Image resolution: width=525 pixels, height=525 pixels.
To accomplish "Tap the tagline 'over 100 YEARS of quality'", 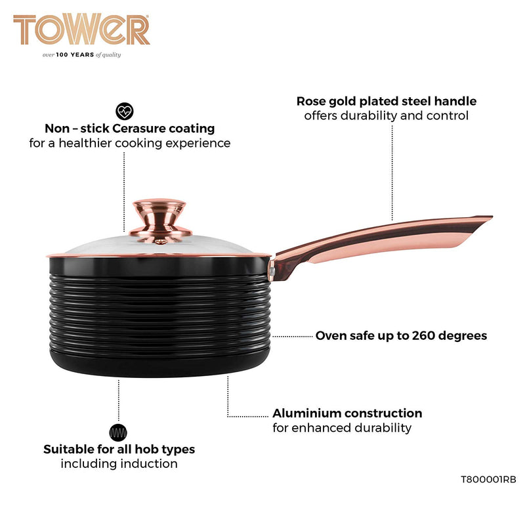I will [x=82, y=55].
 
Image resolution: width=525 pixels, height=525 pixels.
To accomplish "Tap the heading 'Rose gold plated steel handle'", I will [x=386, y=101].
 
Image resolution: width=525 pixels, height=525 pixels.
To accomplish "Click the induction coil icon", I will [x=118, y=432].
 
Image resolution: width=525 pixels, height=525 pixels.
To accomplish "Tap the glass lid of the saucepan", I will [x=164, y=245].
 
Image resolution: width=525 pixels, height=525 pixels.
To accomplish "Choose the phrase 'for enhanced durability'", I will [x=342, y=428].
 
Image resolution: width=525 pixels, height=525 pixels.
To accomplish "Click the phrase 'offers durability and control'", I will [x=386, y=115].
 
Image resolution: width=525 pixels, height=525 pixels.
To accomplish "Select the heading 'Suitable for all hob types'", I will [x=119, y=450].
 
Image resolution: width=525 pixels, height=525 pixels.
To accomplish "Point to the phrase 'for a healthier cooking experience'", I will [x=130, y=143].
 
